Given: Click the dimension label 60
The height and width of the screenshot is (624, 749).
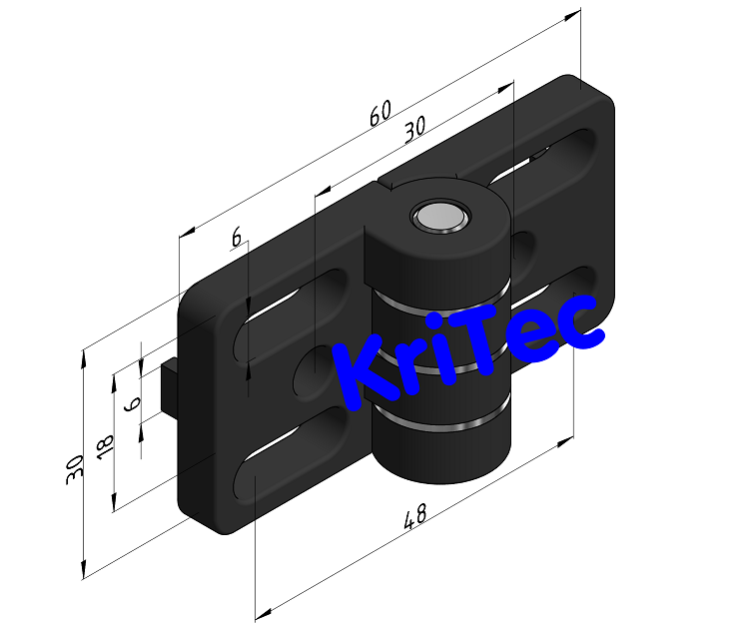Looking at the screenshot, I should [x=380, y=113].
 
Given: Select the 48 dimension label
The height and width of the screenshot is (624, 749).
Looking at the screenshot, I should [x=414, y=517].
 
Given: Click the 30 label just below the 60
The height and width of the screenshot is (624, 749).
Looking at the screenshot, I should [x=414, y=128].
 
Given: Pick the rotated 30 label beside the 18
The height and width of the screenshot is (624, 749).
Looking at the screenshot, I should [x=75, y=469].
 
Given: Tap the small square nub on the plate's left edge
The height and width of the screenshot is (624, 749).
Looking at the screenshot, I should [x=169, y=385].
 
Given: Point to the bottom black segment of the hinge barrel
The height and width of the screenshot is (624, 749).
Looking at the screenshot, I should [x=439, y=453].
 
